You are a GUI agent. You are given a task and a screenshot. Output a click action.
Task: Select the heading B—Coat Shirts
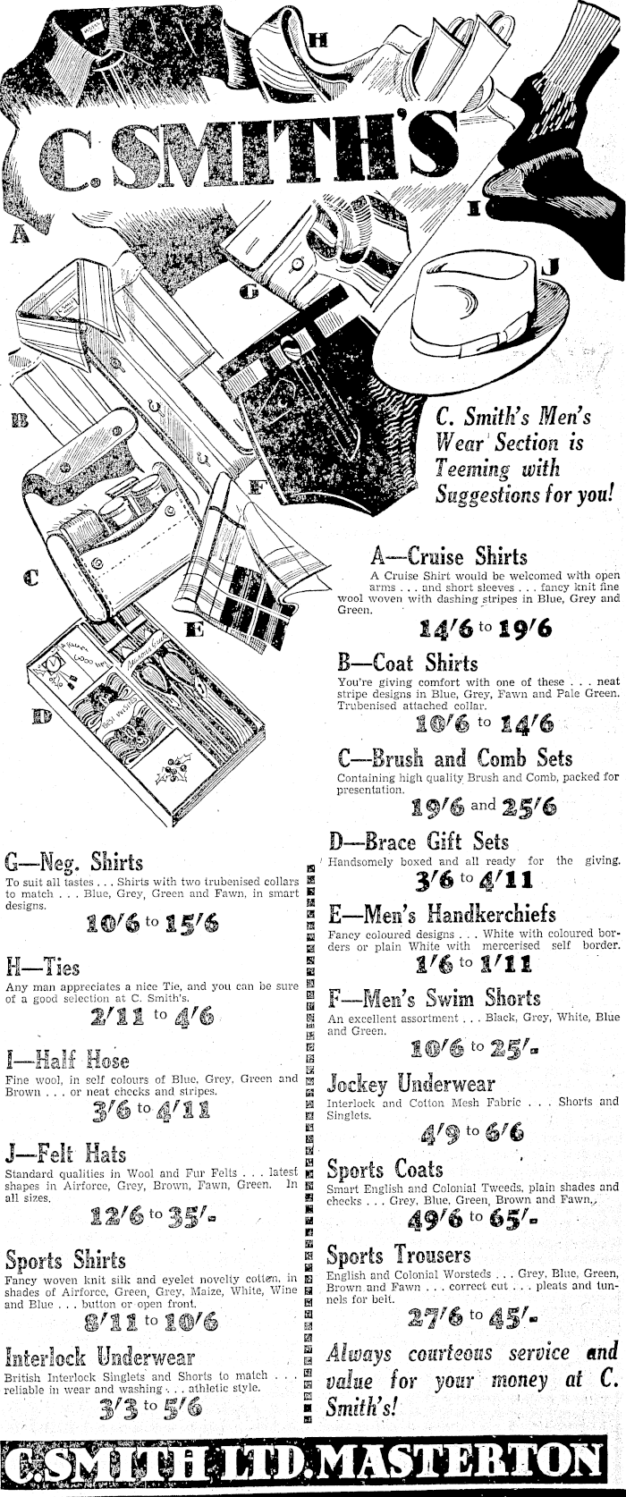pos(408,664)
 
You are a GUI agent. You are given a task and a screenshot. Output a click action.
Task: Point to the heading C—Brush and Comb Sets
pos(455,758)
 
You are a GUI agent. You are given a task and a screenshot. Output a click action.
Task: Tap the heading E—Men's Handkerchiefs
pos(454,914)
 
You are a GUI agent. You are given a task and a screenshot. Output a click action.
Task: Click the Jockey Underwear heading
pos(410,1085)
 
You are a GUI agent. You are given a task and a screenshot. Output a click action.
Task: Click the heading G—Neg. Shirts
pos(73,862)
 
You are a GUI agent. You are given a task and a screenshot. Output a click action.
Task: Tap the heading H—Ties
pos(42,968)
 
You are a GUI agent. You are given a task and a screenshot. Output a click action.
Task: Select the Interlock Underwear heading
pos(100,1357)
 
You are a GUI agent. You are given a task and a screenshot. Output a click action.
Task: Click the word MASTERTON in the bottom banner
pos(461,1464)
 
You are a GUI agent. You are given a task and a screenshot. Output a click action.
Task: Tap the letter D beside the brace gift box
pos(40,715)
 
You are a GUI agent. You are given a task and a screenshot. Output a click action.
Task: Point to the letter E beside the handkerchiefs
pos(194,630)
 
